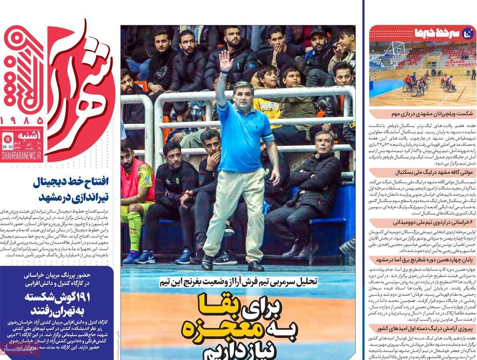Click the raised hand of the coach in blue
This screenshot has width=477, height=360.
(x=225, y=60)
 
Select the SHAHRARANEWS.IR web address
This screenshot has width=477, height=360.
(x=21, y=157)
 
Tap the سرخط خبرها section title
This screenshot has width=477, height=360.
(x=432, y=33)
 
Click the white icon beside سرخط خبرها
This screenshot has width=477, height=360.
(x=468, y=33)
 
